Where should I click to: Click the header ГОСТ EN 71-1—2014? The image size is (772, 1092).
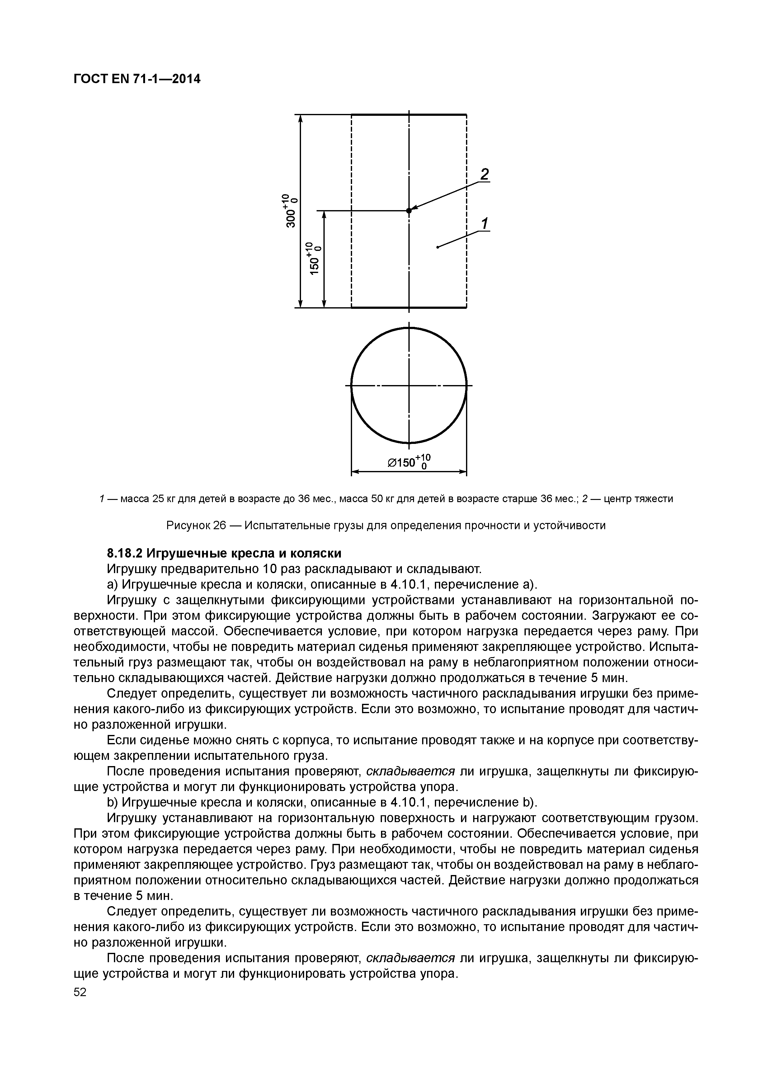[x=137, y=79]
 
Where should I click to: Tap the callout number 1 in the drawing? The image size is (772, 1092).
[x=484, y=223]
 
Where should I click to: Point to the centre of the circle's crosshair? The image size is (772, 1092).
[x=409, y=386]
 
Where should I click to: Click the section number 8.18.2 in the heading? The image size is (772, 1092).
[x=125, y=553]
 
